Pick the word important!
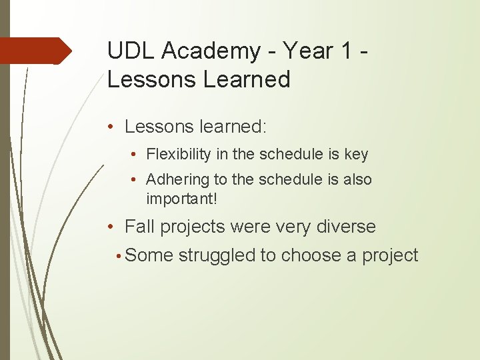[181, 198]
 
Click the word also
[357, 180]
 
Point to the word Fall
[139, 227]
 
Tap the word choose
[312, 255]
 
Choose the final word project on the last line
[390, 255]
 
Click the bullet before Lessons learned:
[114, 127]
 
